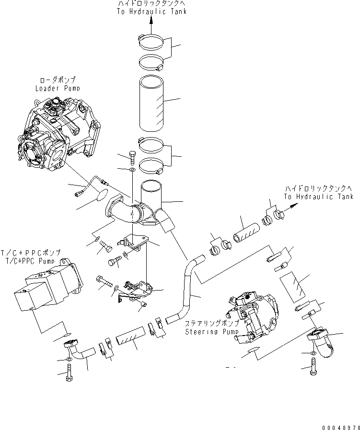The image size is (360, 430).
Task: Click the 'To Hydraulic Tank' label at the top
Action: [x=151, y=11]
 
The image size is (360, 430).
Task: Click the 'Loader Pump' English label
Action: [x=58, y=89]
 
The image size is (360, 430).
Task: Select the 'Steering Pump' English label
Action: [x=208, y=332]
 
